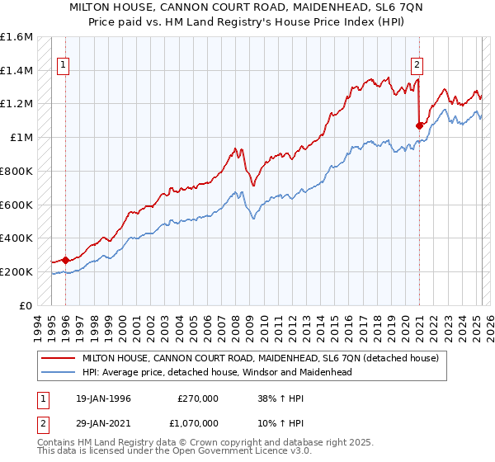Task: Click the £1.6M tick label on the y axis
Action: click(17, 37)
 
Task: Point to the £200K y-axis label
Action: click(17, 271)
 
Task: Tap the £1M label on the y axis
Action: click(23, 138)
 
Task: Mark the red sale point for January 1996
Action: click(65, 260)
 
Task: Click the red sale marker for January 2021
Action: click(419, 126)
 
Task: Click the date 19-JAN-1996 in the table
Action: click(103, 398)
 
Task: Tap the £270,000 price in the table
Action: click(198, 398)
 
